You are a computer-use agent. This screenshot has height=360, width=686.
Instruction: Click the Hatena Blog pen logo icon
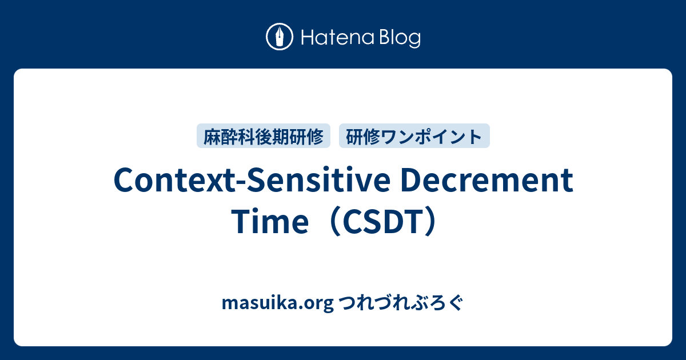point(280,38)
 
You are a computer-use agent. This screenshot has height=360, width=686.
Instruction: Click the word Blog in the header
point(398,38)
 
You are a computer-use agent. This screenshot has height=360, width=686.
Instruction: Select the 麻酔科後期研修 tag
point(264,136)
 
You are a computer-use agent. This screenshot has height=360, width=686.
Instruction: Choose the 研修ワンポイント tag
point(414,136)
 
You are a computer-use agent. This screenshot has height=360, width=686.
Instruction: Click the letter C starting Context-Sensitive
point(124,182)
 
